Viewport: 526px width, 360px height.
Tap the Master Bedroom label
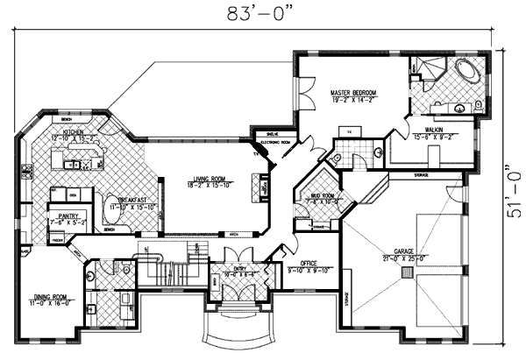point(353,92)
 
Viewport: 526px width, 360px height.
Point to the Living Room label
point(208,180)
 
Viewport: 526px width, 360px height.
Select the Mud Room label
point(322,196)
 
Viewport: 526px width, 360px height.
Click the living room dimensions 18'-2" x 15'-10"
point(208,186)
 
